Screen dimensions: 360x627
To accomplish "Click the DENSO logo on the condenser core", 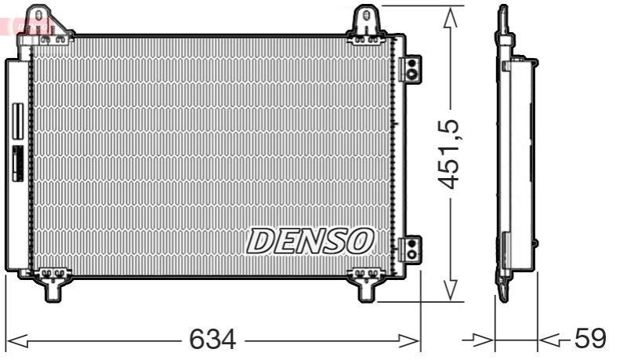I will pyautogui.click(x=310, y=242).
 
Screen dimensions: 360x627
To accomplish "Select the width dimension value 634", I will pyautogui.click(x=212, y=339).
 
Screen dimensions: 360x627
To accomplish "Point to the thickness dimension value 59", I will pyautogui.click(x=590, y=339).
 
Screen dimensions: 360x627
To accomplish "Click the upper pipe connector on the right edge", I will pyautogui.click(x=409, y=68).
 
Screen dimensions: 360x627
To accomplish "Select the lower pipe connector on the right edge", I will pyautogui.click(x=409, y=249).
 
